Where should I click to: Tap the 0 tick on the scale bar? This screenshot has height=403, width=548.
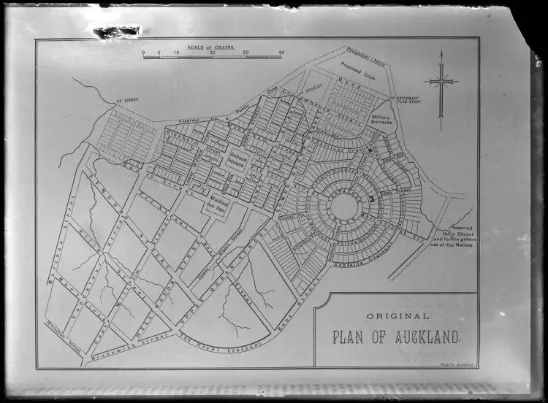pyautogui.click(x=144, y=53)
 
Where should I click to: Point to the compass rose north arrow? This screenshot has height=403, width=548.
pyautogui.click(x=441, y=82)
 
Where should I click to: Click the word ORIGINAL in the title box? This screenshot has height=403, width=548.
pyautogui.click(x=397, y=315)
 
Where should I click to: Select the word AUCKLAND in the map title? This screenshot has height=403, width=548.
pyautogui.click(x=427, y=337)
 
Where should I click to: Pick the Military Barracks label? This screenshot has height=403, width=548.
pyautogui.click(x=382, y=118)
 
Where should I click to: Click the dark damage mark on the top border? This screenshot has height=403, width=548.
pyautogui.click(x=116, y=31)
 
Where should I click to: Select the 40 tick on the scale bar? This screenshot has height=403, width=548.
pyautogui.click(x=281, y=53)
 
